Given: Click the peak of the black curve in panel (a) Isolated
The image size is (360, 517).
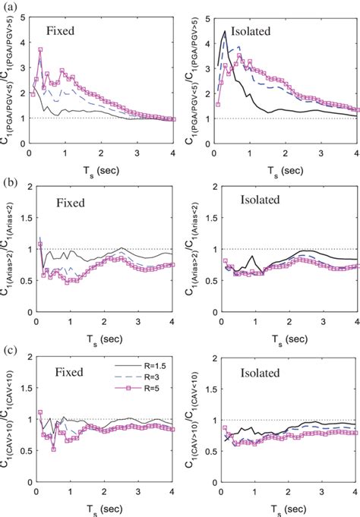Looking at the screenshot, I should pyautogui.click(x=225, y=32).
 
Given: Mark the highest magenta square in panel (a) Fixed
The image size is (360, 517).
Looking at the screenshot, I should pyautogui.click(x=40, y=49).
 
